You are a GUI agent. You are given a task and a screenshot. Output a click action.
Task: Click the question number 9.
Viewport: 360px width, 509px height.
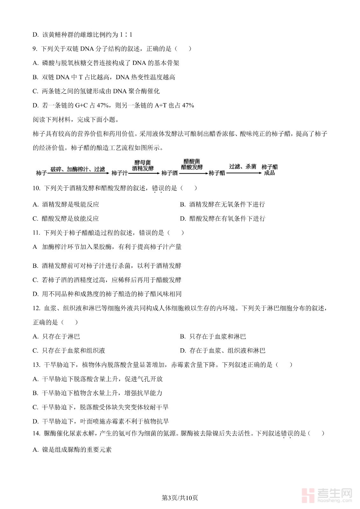(35, 49)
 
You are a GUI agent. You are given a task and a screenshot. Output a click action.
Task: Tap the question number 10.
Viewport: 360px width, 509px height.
(36, 188)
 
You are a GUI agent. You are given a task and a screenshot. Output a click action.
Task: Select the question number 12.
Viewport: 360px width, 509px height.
(36, 308)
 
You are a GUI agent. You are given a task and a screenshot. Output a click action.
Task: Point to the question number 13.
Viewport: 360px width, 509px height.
(36, 365)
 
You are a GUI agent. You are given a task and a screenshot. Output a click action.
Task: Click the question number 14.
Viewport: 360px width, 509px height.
(36, 433)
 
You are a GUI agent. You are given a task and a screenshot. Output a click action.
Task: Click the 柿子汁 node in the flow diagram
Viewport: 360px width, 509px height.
(119, 173)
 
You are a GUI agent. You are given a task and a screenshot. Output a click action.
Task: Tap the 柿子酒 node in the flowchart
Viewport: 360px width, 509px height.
(169, 173)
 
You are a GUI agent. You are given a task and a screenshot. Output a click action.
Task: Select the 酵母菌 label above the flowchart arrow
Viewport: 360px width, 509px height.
(143, 163)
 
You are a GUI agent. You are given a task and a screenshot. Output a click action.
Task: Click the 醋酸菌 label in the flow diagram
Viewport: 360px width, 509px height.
(192, 161)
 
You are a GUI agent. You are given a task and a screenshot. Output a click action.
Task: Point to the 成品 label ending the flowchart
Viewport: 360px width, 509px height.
(269, 173)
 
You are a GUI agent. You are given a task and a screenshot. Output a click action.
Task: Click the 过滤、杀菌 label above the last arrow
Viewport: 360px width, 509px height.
(243, 166)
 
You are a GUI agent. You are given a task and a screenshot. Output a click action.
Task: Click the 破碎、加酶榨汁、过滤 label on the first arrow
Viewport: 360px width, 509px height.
(78, 169)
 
